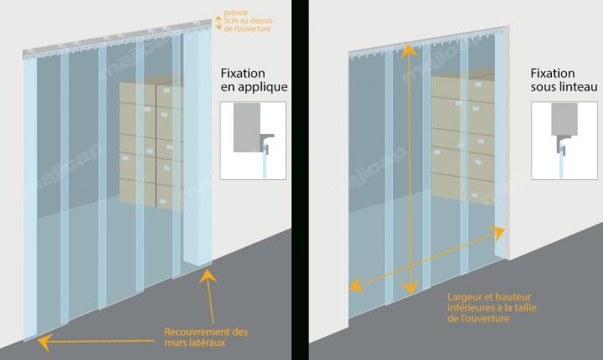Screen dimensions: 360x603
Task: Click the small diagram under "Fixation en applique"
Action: (x=253, y=140)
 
